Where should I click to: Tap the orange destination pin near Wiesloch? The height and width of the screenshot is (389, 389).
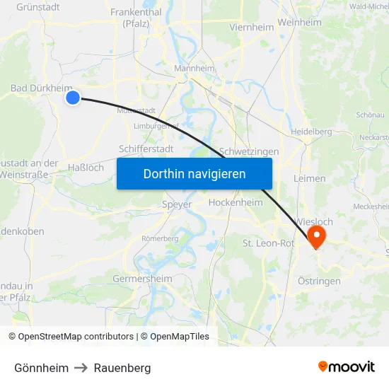(x=316, y=237)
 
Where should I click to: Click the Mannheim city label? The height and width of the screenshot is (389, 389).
(x=194, y=69)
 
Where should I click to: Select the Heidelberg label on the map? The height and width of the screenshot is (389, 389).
(x=311, y=132)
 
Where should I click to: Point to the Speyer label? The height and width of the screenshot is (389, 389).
(x=177, y=204)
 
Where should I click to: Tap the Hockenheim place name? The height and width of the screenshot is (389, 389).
(x=236, y=202)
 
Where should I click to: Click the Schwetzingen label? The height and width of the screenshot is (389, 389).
(x=249, y=151)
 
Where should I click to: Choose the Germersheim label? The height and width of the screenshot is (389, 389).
(x=142, y=279)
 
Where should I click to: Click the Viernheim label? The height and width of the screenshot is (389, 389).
(x=250, y=27)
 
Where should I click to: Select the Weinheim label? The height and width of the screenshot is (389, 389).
(x=300, y=23)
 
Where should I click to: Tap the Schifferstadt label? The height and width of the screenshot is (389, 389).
(x=146, y=149)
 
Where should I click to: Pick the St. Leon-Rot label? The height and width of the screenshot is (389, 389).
(x=268, y=243)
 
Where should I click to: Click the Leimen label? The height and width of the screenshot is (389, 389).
(x=309, y=179)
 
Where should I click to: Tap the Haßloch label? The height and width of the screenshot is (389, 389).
(x=86, y=168)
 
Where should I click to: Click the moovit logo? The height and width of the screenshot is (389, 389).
(x=346, y=366)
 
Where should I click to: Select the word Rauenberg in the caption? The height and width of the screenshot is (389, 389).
(x=122, y=368)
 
